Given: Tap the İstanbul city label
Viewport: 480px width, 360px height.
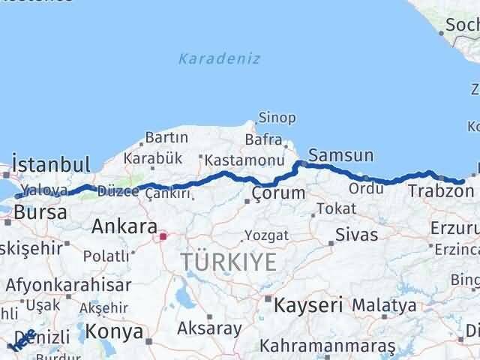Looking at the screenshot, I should [51, 164].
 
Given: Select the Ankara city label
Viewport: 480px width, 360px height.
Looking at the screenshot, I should [124, 227].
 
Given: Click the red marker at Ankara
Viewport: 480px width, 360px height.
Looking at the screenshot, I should [163, 236].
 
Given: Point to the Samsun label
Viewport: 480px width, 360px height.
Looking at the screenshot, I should [340, 156].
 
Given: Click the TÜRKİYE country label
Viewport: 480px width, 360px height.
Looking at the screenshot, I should [228, 262].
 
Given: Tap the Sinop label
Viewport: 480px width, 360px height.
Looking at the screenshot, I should [277, 118].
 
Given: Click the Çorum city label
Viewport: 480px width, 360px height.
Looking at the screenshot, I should [279, 193].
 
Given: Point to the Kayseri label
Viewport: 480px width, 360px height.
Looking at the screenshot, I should [307, 306].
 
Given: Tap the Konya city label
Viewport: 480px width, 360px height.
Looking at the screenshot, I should [115, 331].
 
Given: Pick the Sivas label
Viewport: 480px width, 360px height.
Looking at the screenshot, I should [356, 234].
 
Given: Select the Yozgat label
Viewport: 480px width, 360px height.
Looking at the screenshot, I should [265, 235].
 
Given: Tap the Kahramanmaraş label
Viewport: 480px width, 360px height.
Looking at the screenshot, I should [328, 346].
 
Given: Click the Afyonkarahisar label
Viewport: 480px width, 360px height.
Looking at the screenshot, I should [68, 285].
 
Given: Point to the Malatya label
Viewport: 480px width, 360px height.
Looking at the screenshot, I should [384, 305].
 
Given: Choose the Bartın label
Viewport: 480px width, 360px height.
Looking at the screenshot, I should [167, 138].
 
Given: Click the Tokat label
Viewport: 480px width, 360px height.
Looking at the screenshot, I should [335, 208].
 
